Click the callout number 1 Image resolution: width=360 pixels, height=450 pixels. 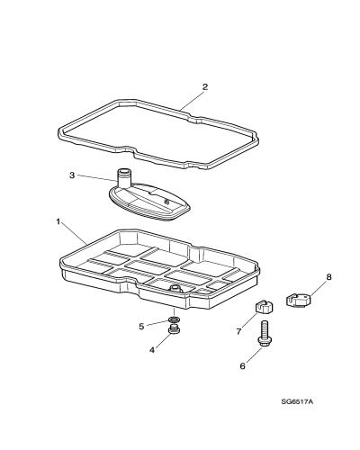tap(58, 221)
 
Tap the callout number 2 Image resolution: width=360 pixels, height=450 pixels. tap(205, 87)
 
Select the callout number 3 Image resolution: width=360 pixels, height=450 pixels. tap(72, 175)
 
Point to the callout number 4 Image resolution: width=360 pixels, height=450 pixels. tap(152, 350)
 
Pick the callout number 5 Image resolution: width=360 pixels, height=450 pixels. tap(141, 327)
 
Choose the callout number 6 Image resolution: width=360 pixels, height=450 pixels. tap(242, 366)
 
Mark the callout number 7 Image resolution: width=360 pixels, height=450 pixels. tap(238, 331)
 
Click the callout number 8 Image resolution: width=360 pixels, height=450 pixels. tap(328, 276)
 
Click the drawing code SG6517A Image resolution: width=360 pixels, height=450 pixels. tap(297, 401)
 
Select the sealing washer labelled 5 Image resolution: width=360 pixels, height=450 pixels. tap(174, 319)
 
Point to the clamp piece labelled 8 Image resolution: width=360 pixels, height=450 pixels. tap(298, 301)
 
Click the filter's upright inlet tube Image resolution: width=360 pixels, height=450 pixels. tap(122, 178)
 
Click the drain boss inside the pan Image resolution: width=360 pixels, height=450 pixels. tap(175, 289)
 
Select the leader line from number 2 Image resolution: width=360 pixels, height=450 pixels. tap(192, 100)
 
